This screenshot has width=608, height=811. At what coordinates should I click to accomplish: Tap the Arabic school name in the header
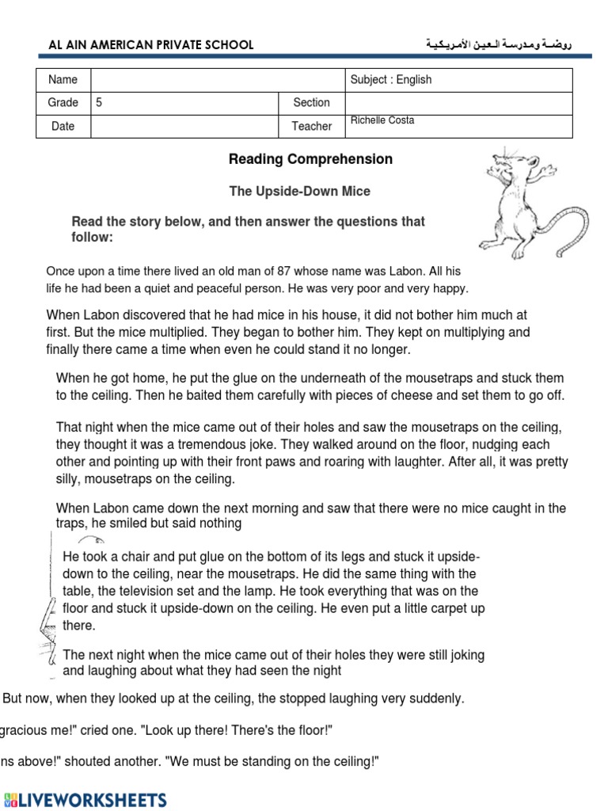point(498,45)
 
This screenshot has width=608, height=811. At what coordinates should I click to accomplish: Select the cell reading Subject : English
point(391,80)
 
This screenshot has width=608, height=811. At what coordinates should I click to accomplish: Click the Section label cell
point(311,102)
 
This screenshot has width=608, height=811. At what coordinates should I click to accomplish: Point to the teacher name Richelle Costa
point(382,120)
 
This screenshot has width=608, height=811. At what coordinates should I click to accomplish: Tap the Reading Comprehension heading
point(310,159)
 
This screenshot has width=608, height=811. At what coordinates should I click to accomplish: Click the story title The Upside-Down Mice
point(299,192)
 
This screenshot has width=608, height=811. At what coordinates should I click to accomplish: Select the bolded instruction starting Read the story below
point(249,230)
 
